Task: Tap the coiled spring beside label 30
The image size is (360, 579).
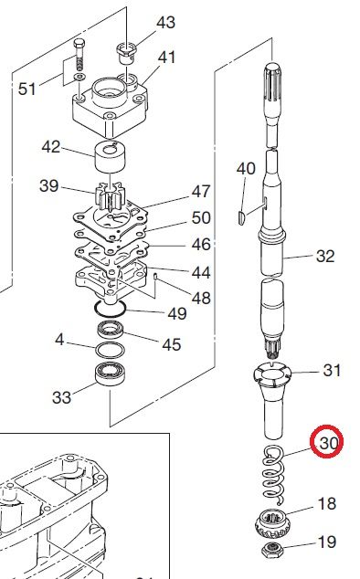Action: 274,474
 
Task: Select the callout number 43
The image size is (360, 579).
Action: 165,23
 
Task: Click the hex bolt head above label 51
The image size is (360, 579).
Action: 79,45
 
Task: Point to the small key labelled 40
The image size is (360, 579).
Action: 240,216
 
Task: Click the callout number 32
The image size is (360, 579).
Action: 325,256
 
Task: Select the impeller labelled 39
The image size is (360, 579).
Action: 109,196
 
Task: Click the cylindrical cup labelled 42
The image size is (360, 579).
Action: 111,157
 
